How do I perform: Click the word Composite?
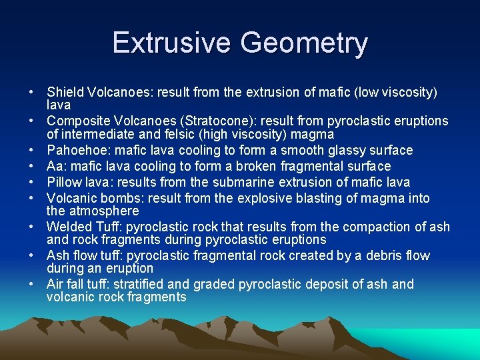point(75,121)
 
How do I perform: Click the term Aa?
point(55,166)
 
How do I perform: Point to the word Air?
point(55,284)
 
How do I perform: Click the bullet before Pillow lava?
point(31,182)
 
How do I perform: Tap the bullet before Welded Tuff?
point(31,227)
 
